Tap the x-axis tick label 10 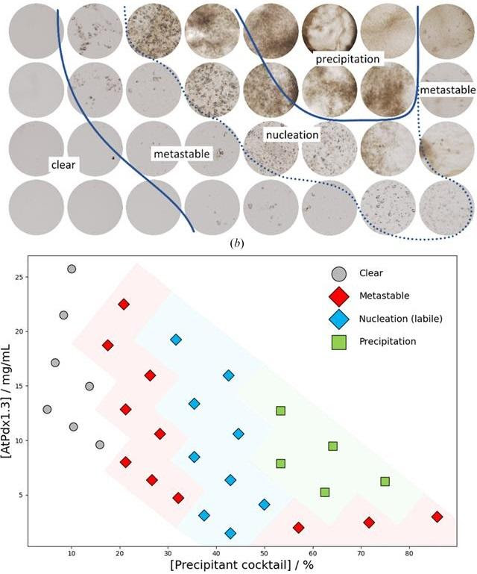pos(72,554)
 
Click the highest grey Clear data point pos(72,269)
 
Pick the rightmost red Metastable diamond pos(437,517)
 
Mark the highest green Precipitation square pos(280,411)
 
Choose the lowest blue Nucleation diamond pos(230,533)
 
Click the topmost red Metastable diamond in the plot pos(124,304)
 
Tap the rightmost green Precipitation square pos(385,481)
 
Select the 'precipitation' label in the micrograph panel pos(347,58)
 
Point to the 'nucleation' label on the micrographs pos(292,135)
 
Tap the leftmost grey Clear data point pos(47,409)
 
